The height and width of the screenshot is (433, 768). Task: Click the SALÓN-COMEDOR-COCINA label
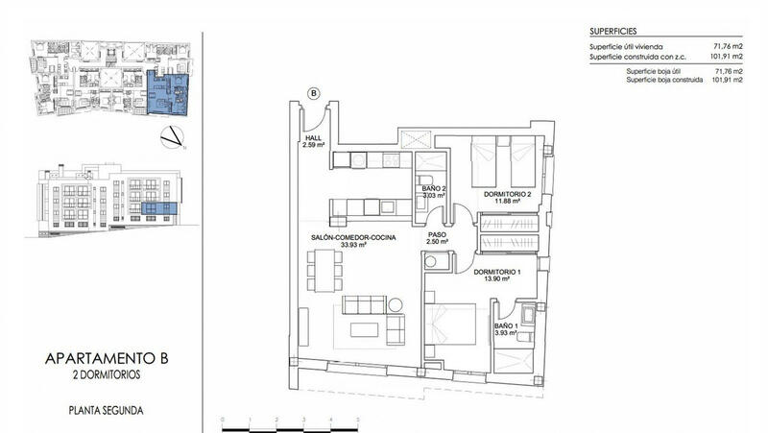pyautogui.click(x=348, y=239)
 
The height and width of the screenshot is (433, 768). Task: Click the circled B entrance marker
pyautogui.click(x=313, y=93)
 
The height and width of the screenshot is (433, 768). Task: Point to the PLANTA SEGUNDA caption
pyautogui.click(x=107, y=410)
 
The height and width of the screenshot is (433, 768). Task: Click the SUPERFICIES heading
pyautogui.click(x=614, y=32)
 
